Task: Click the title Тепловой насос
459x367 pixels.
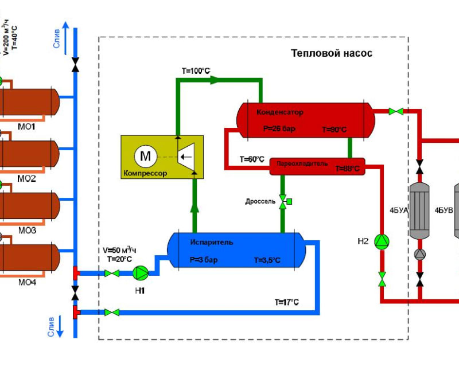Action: pos(332,53)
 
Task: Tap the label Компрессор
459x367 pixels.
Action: pos(145,173)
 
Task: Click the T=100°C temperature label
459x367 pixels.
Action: pos(196,71)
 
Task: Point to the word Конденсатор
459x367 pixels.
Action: pos(280,112)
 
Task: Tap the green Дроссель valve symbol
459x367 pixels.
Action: pos(283,201)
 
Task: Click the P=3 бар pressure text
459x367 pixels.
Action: pos(204,260)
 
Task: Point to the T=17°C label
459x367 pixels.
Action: pos(286,302)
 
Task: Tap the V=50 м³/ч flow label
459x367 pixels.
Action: pos(119,251)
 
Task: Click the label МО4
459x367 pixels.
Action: pos(27,282)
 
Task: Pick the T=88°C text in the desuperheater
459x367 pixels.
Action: pos(348,169)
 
